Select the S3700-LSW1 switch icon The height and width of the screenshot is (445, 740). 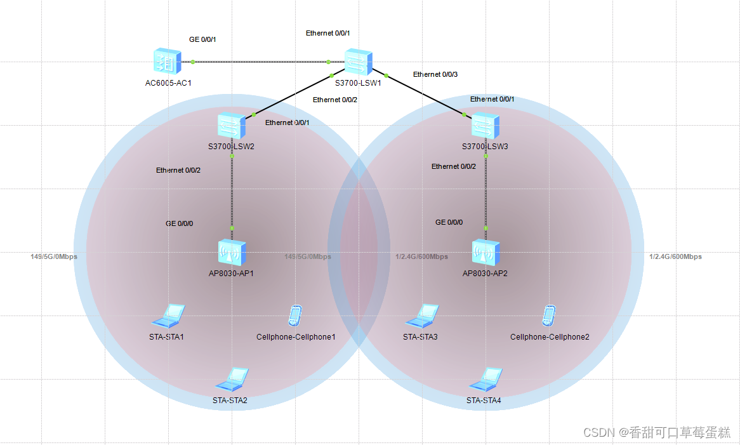[x=359, y=63]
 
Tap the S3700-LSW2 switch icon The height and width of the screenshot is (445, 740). [x=231, y=126]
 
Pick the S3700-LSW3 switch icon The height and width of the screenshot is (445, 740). [x=486, y=126]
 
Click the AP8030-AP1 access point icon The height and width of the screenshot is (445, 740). [x=232, y=253]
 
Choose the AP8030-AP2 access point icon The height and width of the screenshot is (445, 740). [x=486, y=253]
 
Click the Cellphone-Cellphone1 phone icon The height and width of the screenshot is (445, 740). [x=295, y=315]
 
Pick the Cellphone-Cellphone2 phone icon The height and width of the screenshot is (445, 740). [x=549, y=315]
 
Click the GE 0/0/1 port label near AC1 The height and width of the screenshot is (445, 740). [x=202, y=39]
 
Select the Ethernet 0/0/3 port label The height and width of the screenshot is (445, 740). [x=435, y=74]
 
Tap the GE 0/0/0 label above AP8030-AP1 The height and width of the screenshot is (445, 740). [x=180, y=223]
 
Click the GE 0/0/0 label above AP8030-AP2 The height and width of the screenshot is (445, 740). [x=449, y=222]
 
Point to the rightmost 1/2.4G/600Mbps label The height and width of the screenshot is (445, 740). [x=675, y=256]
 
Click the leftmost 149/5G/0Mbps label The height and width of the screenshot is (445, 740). [x=54, y=256]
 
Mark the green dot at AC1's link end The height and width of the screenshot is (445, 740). [x=192, y=62]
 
